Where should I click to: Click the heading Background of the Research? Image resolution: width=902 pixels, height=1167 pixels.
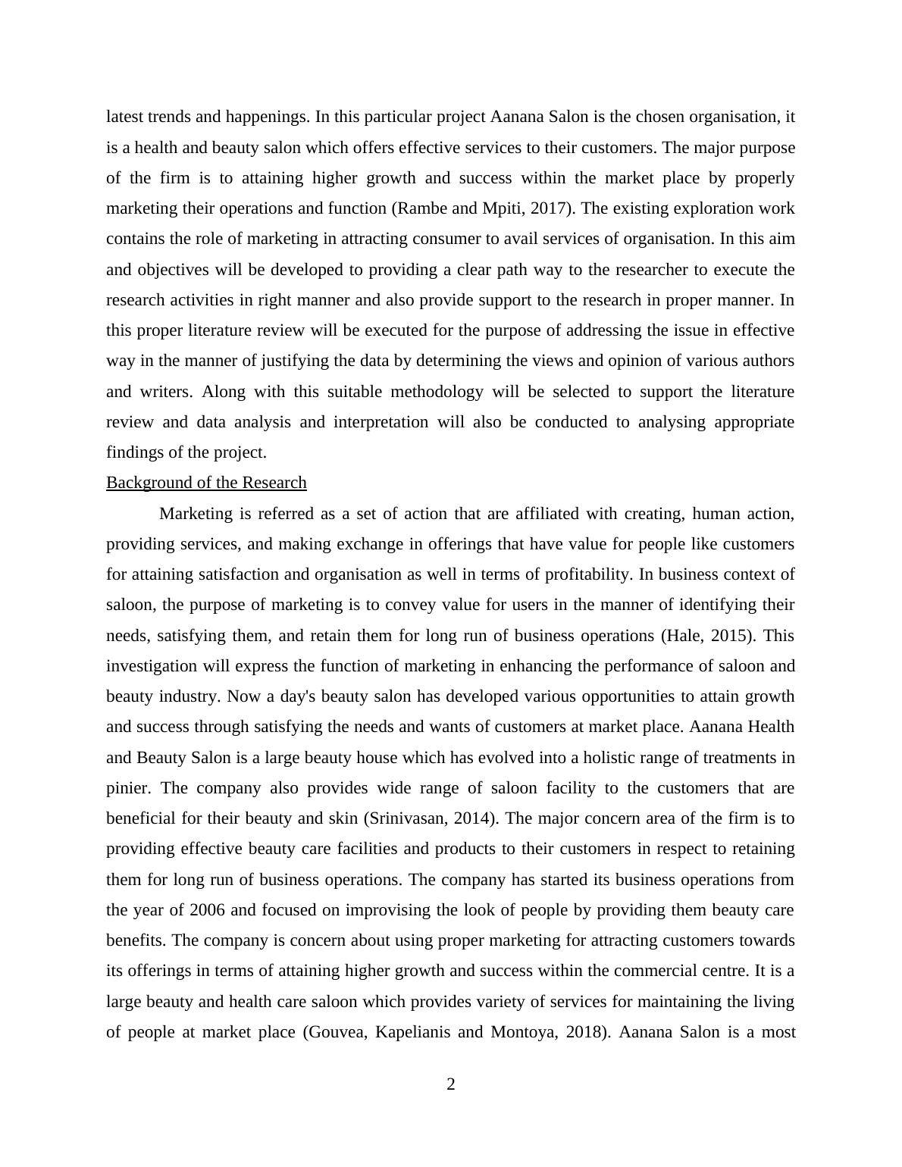206,483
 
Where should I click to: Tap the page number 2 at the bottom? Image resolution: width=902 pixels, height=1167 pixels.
451,1084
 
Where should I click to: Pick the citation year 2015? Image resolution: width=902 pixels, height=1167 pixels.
731,635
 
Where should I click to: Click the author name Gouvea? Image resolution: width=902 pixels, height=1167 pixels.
336,1032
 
